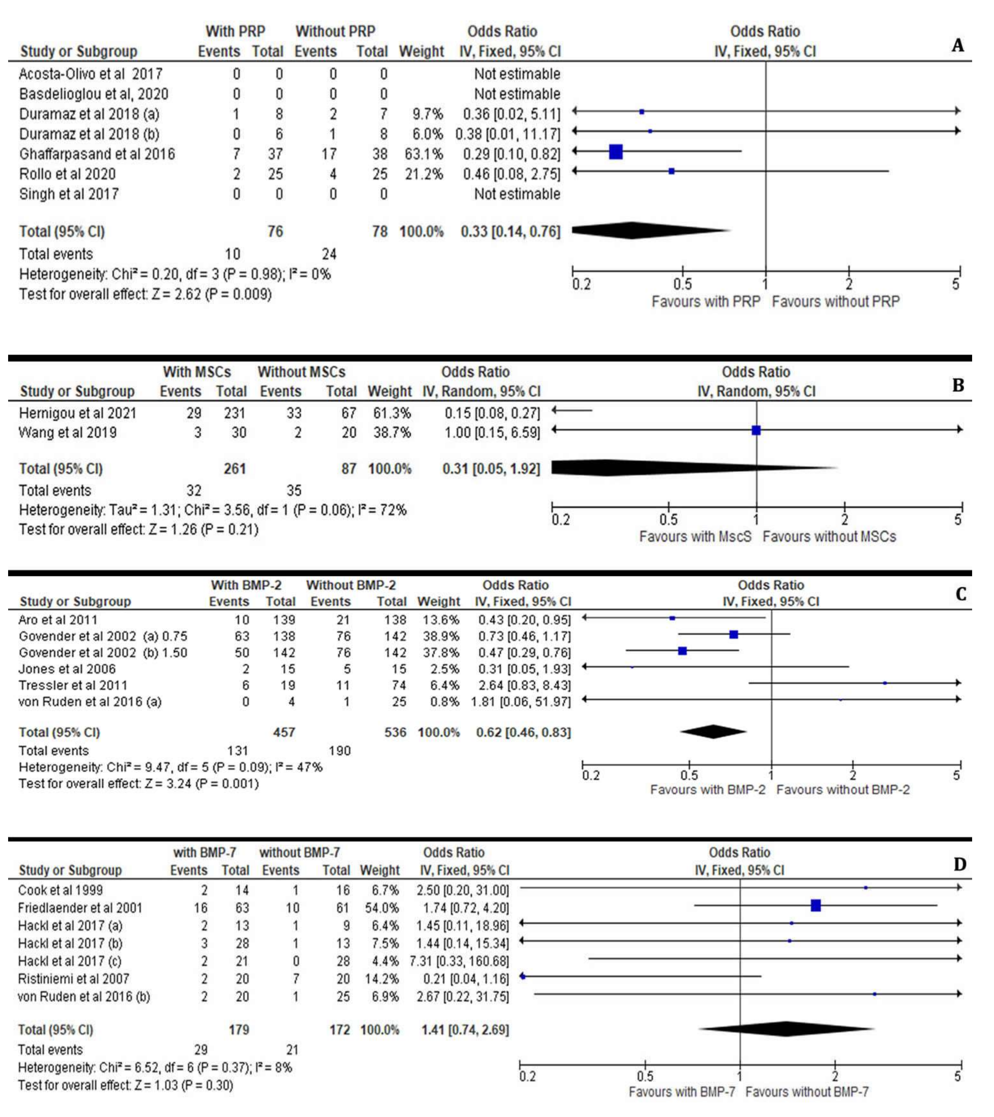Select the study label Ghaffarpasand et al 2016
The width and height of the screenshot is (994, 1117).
97,154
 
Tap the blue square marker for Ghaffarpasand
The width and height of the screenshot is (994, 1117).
616,152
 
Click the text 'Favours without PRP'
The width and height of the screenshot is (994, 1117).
835,301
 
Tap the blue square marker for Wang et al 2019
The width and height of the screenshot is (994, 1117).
756,430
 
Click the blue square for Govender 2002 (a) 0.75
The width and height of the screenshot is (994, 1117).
733,635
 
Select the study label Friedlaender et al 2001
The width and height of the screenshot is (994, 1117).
80,908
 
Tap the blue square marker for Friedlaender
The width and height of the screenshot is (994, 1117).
815,905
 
